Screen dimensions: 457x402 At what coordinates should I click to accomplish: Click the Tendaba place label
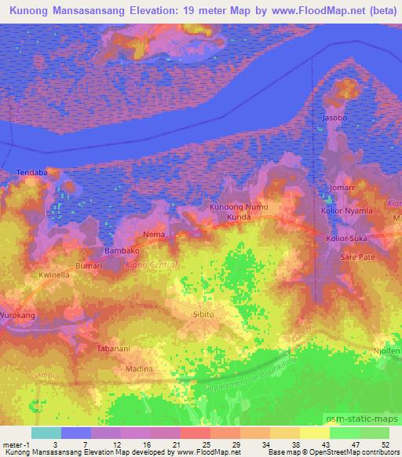(32, 172)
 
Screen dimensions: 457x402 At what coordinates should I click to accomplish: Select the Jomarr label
(343, 189)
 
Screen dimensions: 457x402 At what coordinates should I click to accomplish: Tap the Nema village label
(153, 234)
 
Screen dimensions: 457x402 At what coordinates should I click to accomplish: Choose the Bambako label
(121, 251)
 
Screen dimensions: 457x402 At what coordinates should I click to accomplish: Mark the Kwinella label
(55, 276)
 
